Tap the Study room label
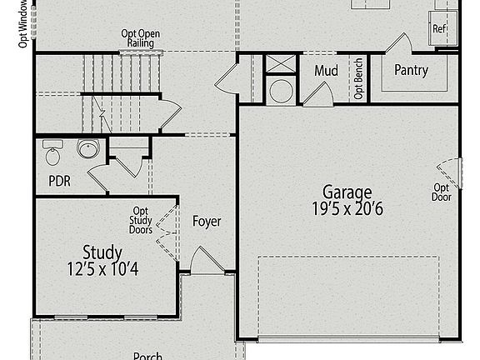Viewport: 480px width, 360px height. (x=102, y=252)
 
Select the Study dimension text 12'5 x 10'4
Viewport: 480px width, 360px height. (x=102, y=269)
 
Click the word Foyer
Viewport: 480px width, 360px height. (x=207, y=222)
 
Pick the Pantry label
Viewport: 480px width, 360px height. (x=411, y=70)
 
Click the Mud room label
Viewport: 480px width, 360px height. (x=326, y=71)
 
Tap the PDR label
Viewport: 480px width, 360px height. (x=59, y=180)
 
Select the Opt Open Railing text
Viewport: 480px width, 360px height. (x=140, y=39)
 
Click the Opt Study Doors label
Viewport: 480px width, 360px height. (x=141, y=221)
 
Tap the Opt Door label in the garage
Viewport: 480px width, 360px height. (x=441, y=192)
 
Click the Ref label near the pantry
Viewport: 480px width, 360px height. (x=439, y=28)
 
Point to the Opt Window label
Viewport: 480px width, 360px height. (x=23, y=25)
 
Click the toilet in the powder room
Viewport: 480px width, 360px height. (x=53, y=156)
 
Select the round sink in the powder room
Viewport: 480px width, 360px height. (x=87, y=150)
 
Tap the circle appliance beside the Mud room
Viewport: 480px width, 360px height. (x=281, y=91)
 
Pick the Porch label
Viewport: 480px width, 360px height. (x=147, y=356)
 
